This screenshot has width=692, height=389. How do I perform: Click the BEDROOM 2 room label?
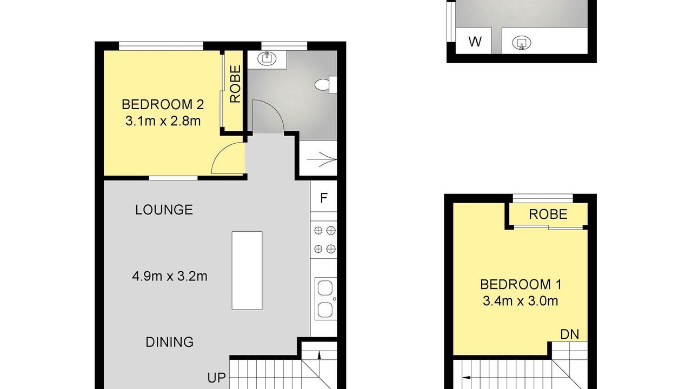163,105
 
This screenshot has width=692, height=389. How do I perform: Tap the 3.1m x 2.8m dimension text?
163,121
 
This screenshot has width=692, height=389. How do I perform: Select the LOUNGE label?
164,210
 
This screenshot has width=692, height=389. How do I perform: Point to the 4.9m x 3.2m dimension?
170,276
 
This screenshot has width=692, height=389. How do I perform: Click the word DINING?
170,342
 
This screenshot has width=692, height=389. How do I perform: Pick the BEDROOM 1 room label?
521,284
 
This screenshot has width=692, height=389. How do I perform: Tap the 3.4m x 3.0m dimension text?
521,301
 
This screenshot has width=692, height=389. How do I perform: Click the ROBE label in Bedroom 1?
548,214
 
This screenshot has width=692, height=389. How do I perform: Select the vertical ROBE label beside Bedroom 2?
235,84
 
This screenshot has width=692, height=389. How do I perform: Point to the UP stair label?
216,378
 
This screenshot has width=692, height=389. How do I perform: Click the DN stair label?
570,334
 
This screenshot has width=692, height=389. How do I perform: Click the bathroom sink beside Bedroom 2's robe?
267,59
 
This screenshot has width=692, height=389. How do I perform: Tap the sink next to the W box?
522,43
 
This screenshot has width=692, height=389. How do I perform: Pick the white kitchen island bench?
247,271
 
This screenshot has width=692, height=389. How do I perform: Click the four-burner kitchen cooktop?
324,239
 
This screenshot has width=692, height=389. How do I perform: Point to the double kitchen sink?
325,299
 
